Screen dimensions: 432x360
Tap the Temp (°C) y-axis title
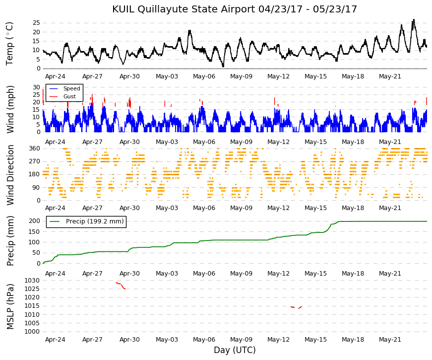pyautogui.click(x=9, y=44)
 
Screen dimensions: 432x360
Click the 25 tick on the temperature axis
pyautogui.click(x=36, y=23)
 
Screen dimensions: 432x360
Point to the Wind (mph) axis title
pyautogui.click(x=10, y=110)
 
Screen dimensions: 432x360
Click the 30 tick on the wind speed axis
pyautogui.click(x=36, y=87)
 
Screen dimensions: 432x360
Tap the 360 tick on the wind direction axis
pyautogui.click(x=35, y=148)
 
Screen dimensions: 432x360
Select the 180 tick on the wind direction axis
pyautogui.click(x=35, y=174)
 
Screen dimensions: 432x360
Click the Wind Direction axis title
pyautogui.click(x=10, y=175)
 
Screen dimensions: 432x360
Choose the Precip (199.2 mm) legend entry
pyautogui.click(x=86, y=221)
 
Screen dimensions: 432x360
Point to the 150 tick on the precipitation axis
pyautogui.click(x=35, y=232)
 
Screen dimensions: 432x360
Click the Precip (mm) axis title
pyautogui.click(x=10, y=241)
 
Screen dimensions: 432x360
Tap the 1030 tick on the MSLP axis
pyautogui.click(x=32, y=281)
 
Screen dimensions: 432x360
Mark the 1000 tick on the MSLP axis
pyautogui.click(x=32, y=332)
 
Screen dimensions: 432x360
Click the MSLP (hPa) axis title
pyautogui.click(x=10, y=307)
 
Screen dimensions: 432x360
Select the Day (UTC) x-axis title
pyautogui.click(x=235, y=350)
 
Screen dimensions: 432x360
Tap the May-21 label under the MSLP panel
pyautogui.click(x=390, y=340)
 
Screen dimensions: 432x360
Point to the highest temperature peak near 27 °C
pyautogui.click(x=414, y=20)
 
